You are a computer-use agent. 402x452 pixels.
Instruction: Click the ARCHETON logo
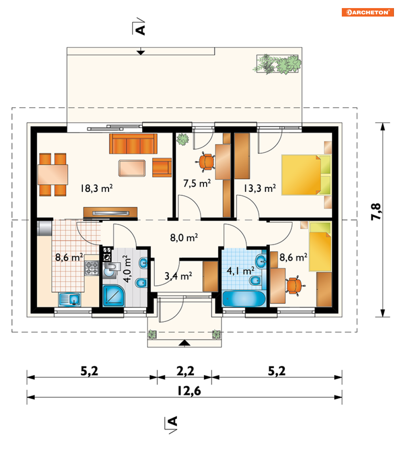tap(368, 13)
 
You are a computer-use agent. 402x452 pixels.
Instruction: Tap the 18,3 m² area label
tap(96, 188)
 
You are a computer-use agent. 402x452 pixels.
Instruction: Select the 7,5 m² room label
tap(197, 183)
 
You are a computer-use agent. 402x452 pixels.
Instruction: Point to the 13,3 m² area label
tap(259, 188)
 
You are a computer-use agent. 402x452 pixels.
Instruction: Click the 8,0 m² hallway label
tap(184, 238)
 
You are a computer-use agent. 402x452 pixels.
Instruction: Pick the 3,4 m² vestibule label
tap(178, 276)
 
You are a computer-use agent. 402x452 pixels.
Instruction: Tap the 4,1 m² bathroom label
tap(240, 271)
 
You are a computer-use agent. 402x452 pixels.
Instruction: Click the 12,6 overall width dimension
tap(189, 391)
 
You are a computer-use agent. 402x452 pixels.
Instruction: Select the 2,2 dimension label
tap(185, 371)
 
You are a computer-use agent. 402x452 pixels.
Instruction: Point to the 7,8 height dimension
tap(376, 212)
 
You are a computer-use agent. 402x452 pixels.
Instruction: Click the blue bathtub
tap(244, 299)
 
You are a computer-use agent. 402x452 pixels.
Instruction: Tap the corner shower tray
tap(114, 296)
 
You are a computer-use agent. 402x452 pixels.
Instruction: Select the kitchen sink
tap(69, 299)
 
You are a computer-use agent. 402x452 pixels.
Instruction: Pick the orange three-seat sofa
tap(133, 143)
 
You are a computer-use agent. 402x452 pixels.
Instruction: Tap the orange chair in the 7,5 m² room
tap(206, 162)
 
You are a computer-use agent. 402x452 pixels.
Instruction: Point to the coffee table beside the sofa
tap(132, 168)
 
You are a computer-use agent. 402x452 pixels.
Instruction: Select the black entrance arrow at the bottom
tap(185, 343)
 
